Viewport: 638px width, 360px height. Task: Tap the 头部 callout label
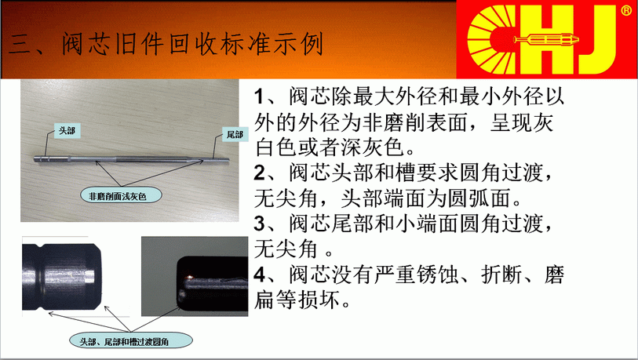click(67, 131)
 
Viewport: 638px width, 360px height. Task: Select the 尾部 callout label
click(235, 135)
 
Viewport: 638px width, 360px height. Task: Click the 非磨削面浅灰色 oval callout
click(122, 195)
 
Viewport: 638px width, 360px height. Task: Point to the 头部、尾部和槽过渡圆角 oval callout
click(130, 341)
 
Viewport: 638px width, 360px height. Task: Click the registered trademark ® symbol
click(626, 10)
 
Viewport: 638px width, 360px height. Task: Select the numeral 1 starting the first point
click(259, 96)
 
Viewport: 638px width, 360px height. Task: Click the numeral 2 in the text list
click(260, 173)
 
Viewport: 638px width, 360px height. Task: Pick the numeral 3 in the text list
click(260, 224)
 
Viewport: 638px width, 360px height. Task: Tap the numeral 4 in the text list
click(260, 275)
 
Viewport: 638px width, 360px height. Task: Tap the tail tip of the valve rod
click(228, 159)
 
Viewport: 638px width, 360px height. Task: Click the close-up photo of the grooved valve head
click(62, 277)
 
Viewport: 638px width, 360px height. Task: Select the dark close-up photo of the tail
click(195, 276)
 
